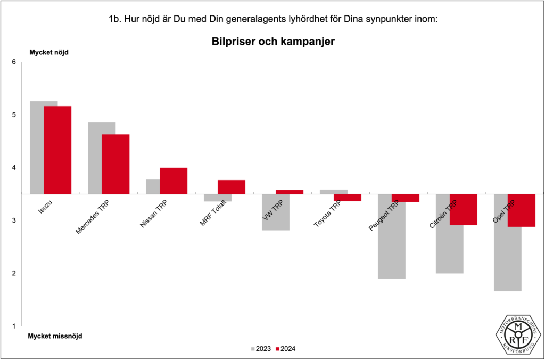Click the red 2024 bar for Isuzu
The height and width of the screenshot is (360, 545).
click(57, 150)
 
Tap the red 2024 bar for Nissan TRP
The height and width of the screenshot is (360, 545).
click(174, 181)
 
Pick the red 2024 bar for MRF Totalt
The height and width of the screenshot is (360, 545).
click(232, 187)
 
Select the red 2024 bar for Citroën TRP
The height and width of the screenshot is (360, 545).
click(463, 209)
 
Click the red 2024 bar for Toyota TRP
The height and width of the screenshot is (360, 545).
click(348, 198)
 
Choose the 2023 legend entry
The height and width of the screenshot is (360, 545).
click(261, 349)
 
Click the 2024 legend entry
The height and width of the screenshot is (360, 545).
click(286, 349)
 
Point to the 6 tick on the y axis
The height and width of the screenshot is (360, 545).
click(14, 62)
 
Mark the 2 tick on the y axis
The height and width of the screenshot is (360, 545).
click(14, 273)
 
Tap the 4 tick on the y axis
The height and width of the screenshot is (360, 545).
click(14, 168)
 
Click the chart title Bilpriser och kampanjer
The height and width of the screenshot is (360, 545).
click(272, 42)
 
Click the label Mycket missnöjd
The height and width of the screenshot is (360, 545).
click(55, 336)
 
